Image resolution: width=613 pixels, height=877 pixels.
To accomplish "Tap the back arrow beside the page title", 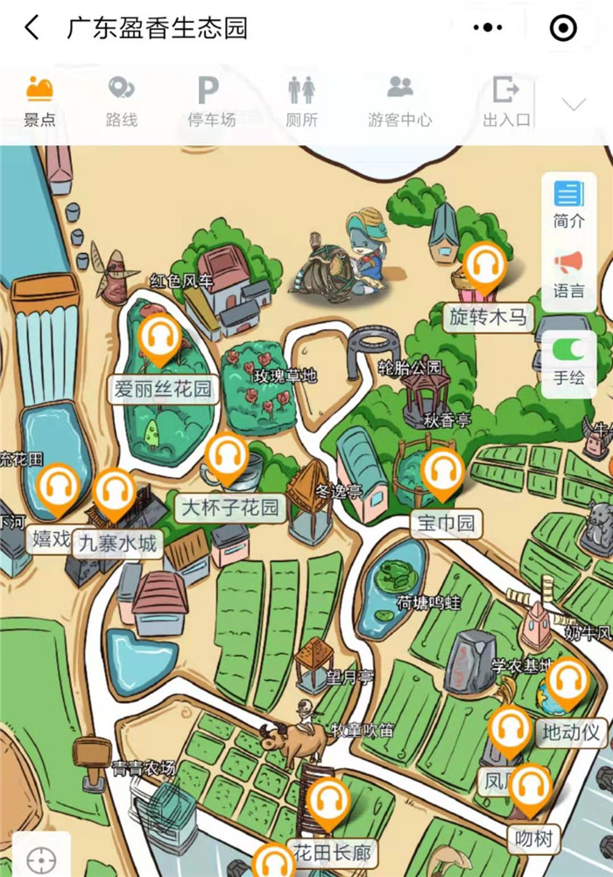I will coord(32,28).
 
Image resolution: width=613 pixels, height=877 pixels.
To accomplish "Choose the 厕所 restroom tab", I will coord(301,102).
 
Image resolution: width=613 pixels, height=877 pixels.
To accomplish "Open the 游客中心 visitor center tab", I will coord(399,102).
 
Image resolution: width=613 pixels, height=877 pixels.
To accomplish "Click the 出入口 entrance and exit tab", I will coord(506,102).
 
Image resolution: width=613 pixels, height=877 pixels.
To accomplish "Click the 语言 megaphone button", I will coord(568,273).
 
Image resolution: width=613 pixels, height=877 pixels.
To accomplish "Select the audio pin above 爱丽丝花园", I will coord(159,338).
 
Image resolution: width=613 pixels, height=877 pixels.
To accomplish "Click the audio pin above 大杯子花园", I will coord(227,458).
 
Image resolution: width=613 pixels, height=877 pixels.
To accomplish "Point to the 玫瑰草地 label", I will coord(285,376).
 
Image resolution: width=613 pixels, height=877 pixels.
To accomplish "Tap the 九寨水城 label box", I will coord(117,544).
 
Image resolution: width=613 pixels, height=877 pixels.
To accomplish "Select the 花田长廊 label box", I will coord(332,852).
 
